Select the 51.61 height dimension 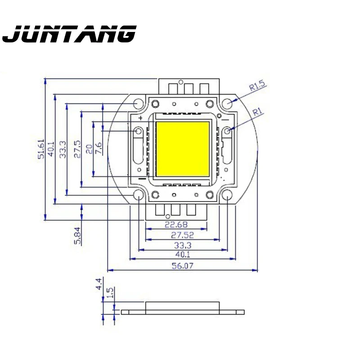tap(41, 148)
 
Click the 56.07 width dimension tap(182, 266)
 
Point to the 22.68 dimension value tap(176, 225)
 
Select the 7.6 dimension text tap(99, 148)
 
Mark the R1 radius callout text tap(257, 112)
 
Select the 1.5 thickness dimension tap(109, 293)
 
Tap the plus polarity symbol tap(140, 118)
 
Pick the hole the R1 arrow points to tap(228, 130)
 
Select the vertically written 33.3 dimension tap(63, 148)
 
